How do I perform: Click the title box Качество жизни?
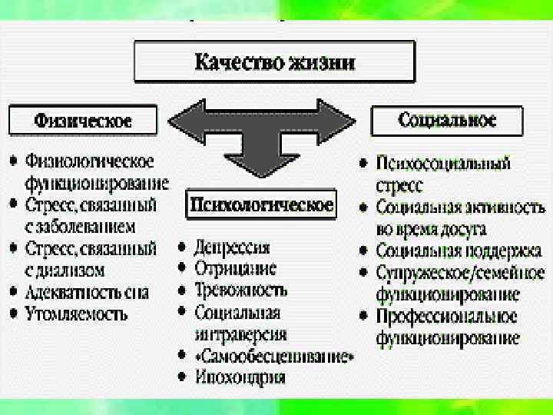tap(275, 61)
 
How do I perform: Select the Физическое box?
tap(83, 121)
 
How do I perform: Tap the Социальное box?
tap(448, 120)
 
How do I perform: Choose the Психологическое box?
tap(261, 204)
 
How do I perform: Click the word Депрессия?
tap(232, 247)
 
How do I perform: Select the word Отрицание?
tap(236, 269)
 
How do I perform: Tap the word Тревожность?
tap(241, 290)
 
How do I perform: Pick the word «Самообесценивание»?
tap(275, 357)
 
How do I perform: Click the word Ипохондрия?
tap(240, 377)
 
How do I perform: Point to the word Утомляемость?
tap(76, 314)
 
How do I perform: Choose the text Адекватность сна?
tap(87, 293)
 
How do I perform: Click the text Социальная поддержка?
tap(459, 251)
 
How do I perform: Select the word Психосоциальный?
tap(443, 164)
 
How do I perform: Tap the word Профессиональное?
tap(446, 317)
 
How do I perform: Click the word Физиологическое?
tap(90, 161)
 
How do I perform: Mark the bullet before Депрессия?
tap(181, 247)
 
